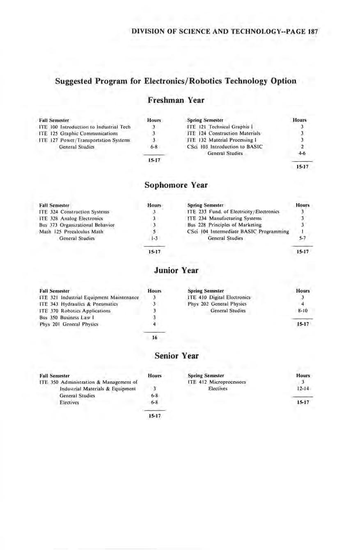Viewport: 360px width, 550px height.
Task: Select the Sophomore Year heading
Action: pyautogui.click(x=176, y=185)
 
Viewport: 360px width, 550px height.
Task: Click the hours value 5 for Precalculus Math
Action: pyautogui.click(x=153, y=232)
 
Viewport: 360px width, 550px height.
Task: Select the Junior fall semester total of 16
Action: pyautogui.click(x=154, y=338)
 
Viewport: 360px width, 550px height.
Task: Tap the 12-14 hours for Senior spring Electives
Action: pyautogui.click(x=302, y=388)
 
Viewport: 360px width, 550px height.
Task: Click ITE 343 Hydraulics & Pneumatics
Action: pyautogui.click(x=78, y=304)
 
